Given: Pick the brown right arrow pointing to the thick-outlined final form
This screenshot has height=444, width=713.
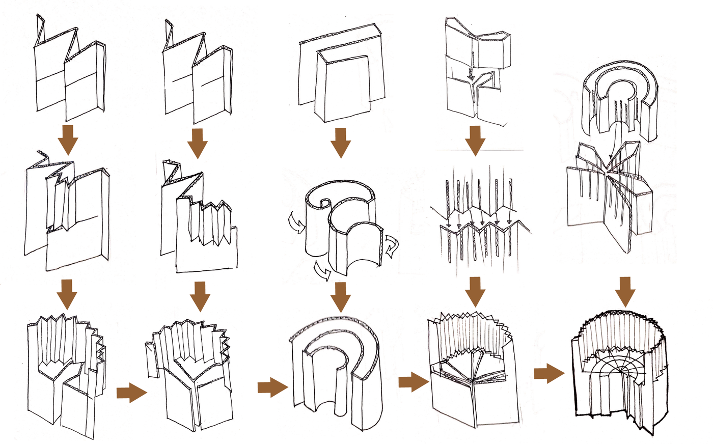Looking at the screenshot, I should [x=549, y=374].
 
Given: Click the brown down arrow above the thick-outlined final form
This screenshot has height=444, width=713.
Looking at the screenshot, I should [x=625, y=292].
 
